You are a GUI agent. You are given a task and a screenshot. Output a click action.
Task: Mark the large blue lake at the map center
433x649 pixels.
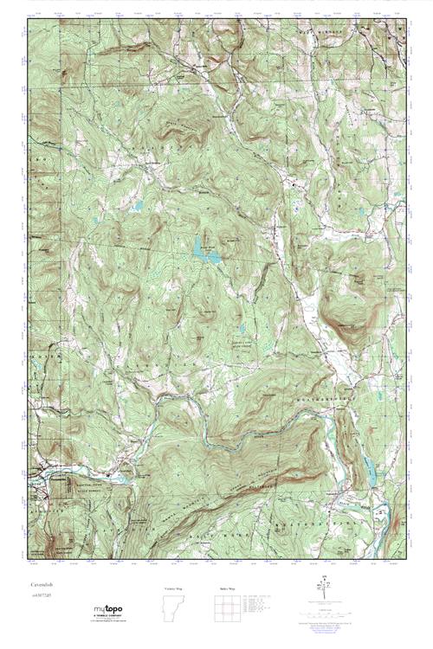tap(204, 250)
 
